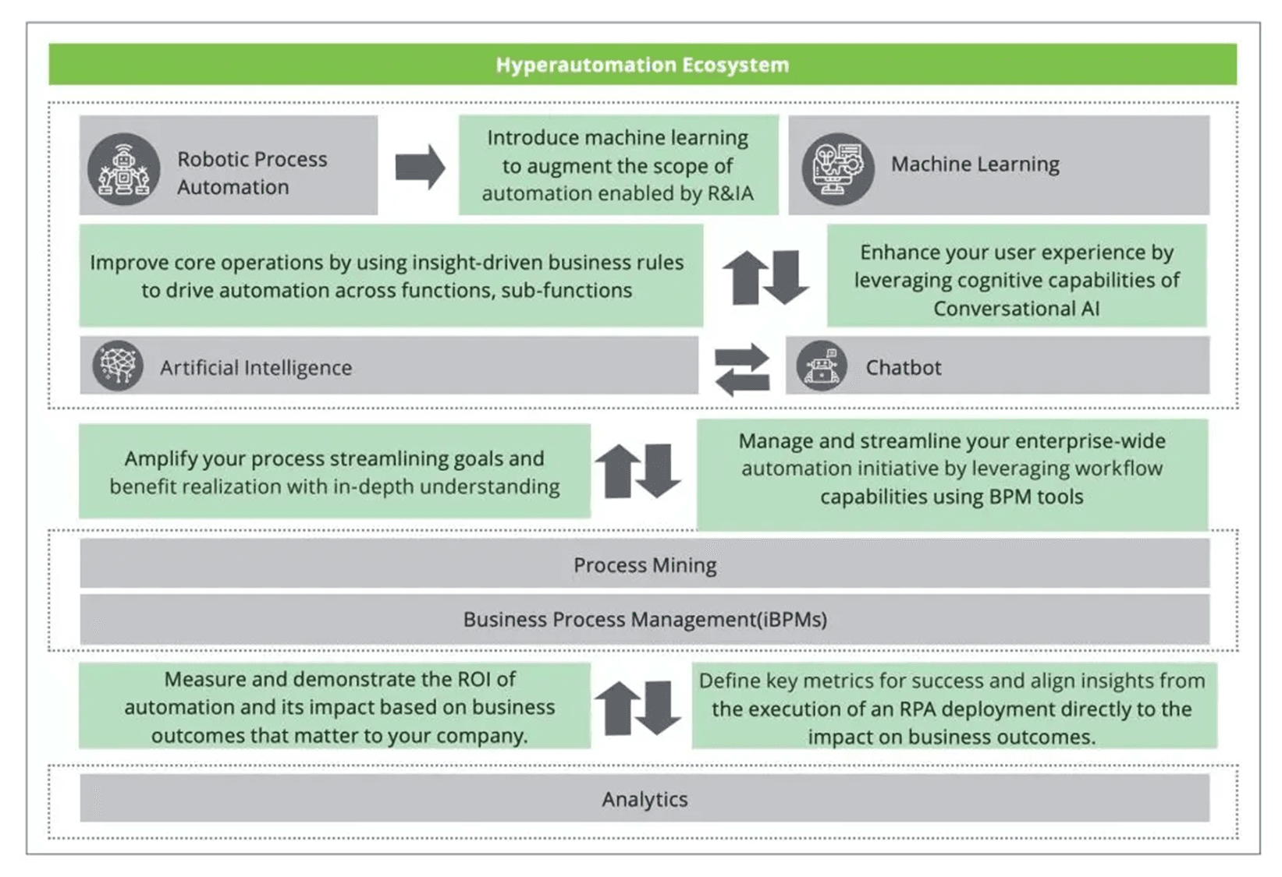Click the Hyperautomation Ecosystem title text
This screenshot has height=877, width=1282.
(642, 65)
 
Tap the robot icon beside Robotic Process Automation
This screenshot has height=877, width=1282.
(123, 169)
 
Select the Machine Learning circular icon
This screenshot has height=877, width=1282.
(838, 169)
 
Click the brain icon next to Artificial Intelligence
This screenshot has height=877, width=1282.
(118, 366)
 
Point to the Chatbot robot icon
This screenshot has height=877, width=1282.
(822, 366)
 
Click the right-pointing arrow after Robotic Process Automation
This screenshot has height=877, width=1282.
(420, 167)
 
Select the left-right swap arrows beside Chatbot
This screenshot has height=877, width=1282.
(742, 370)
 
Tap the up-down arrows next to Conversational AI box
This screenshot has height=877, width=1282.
(765, 278)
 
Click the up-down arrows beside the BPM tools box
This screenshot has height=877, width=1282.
(637, 471)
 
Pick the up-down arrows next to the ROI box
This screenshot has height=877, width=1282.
(637, 708)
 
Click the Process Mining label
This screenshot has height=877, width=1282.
(645, 565)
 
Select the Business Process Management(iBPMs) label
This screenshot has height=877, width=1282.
(645, 619)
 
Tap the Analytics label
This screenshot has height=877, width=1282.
(645, 799)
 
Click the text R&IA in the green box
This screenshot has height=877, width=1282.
(730, 193)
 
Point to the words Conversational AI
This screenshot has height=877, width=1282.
(1017, 308)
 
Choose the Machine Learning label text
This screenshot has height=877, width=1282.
(975, 164)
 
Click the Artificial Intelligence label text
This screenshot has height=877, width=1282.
(256, 368)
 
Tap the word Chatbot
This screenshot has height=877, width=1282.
(903, 368)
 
